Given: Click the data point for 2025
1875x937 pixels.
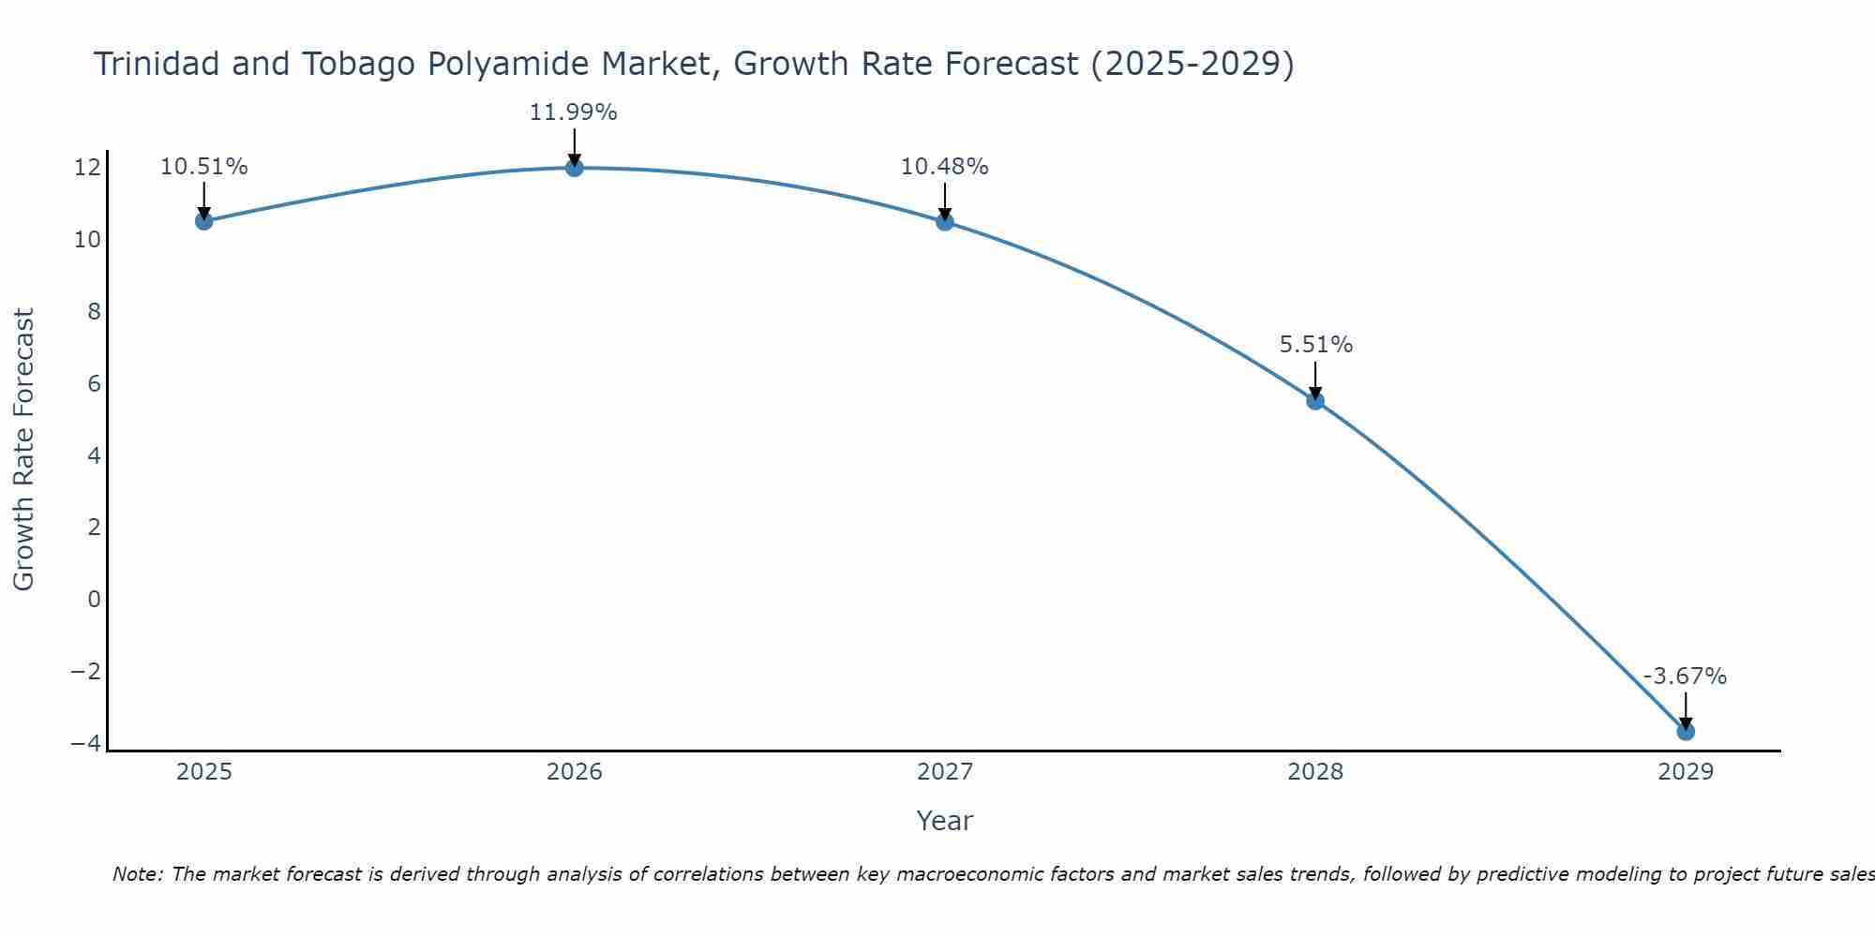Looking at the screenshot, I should click(x=203, y=221).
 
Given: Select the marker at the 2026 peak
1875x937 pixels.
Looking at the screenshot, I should click(x=574, y=168).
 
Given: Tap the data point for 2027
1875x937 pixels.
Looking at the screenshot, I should click(x=944, y=222).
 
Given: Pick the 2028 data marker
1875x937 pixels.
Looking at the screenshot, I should click(x=1315, y=401).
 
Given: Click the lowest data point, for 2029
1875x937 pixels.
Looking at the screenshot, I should click(x=1686, y=731).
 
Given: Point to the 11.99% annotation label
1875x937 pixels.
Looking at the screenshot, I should click(x=573, y=112).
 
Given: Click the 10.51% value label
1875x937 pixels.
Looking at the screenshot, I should click(x=203, y=167).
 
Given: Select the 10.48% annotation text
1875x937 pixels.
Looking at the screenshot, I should click(x=944, y=167).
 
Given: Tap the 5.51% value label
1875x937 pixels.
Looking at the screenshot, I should click(x=1315, y=345).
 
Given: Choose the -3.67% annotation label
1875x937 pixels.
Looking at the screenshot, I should click(x=1685, y=677).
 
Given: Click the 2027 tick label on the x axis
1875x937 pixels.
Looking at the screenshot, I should click(x=944, y=772).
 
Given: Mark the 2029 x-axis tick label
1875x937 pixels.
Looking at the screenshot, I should click(x=1686, y=772).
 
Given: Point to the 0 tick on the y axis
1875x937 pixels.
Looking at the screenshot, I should click(x=94, y=599).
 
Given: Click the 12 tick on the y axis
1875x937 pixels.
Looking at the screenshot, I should click(x=87, y=168).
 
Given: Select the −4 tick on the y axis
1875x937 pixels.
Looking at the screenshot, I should click(x=85, y=743).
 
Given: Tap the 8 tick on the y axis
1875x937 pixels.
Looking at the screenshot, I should click(x=94, y=312).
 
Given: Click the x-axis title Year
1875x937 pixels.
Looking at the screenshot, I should click(x=944, y=821).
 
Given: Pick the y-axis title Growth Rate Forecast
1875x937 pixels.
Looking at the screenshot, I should click(x=23, y=449).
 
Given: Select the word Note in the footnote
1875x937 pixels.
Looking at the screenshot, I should click(x=137, y=874).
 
